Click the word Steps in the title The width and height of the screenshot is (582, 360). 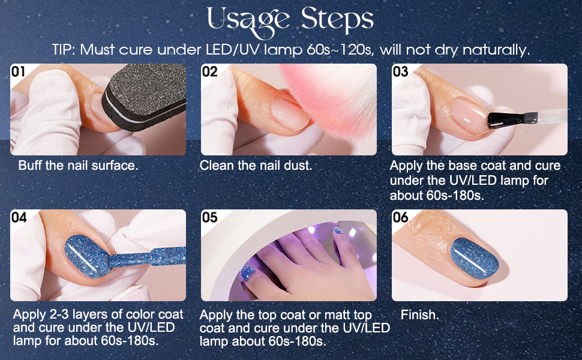337,19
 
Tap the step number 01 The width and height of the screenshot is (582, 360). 18,71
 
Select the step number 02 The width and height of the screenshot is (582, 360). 210,71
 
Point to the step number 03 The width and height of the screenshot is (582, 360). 400,71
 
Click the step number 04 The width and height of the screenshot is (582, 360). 19,217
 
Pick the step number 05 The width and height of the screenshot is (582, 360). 210,217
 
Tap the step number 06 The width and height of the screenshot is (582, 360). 400,217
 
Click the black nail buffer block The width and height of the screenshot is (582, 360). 145,97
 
